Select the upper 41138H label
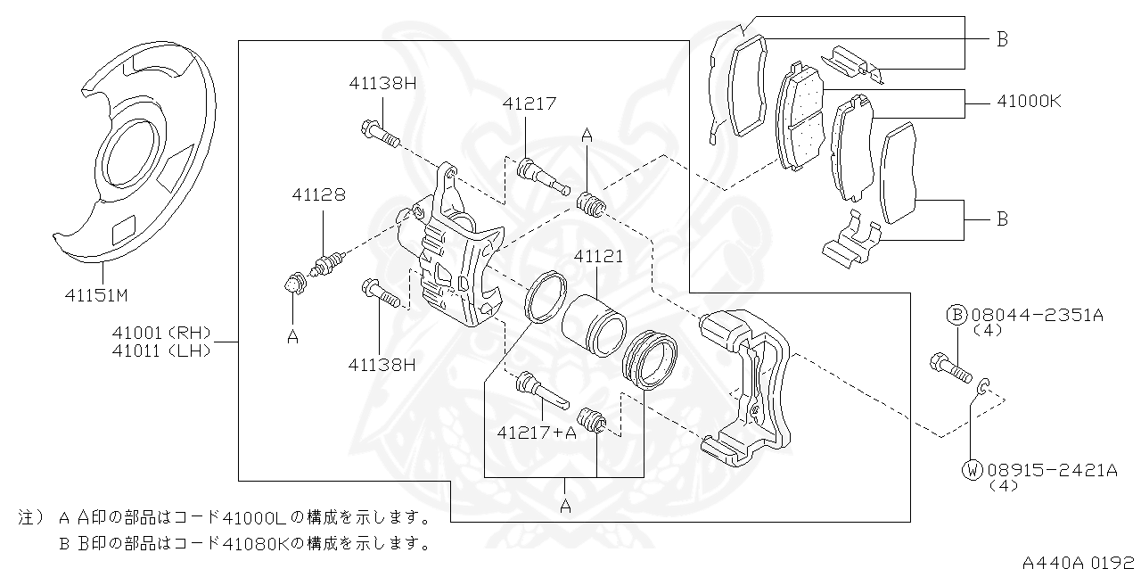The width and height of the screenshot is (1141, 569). point(382,83)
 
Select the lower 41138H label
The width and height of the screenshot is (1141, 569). point(382,364)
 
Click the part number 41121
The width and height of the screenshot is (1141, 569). point(598,256)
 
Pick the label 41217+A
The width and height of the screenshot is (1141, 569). point(537,433)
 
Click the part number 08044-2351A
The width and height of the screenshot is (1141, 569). point(1037,315)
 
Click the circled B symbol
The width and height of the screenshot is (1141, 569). point(956,315)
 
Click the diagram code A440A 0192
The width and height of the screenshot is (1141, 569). point(1079,561)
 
